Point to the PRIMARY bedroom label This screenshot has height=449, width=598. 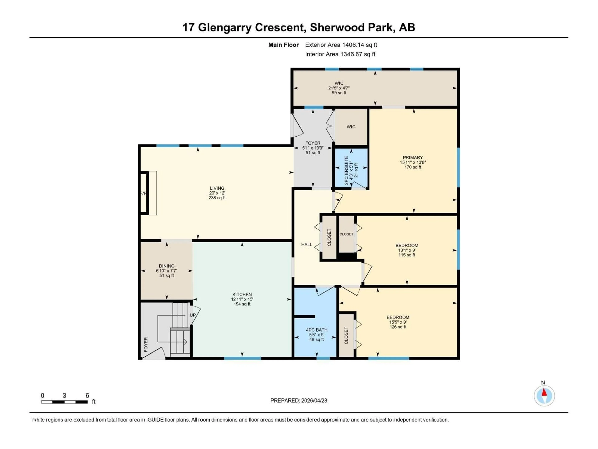(413, 157)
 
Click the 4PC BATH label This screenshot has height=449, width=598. (317, 330)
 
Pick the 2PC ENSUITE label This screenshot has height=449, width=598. (347, 171)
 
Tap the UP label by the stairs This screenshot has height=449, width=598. (192, 315)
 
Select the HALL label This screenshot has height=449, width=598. (307, 244)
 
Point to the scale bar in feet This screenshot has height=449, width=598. (64, 402)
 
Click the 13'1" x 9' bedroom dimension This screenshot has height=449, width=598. (407, 250)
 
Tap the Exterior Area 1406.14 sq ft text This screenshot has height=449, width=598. (341, 45)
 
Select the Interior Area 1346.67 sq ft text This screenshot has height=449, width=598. (340, 54)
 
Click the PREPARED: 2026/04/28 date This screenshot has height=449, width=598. (299, 401)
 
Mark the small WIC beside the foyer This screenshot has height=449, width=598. (351, 127)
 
